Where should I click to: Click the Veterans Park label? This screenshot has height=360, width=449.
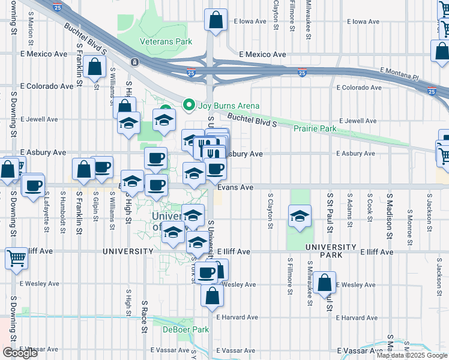[x=166, y=41]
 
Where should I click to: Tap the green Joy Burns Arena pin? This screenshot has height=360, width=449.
[x=189, y=106]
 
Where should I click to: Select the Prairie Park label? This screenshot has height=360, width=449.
[x=315, y=128]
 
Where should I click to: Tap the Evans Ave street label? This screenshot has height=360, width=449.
[x=235, y=187]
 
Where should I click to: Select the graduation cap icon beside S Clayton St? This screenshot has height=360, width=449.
[x=298, y=217]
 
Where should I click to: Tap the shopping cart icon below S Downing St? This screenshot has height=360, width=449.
[x=16, y=258]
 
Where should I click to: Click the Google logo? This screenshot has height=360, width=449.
[x=20, y=353]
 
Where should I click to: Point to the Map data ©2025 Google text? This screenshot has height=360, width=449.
[x=412, y=355]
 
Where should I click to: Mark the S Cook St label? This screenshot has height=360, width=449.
[x=369, y=208]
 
